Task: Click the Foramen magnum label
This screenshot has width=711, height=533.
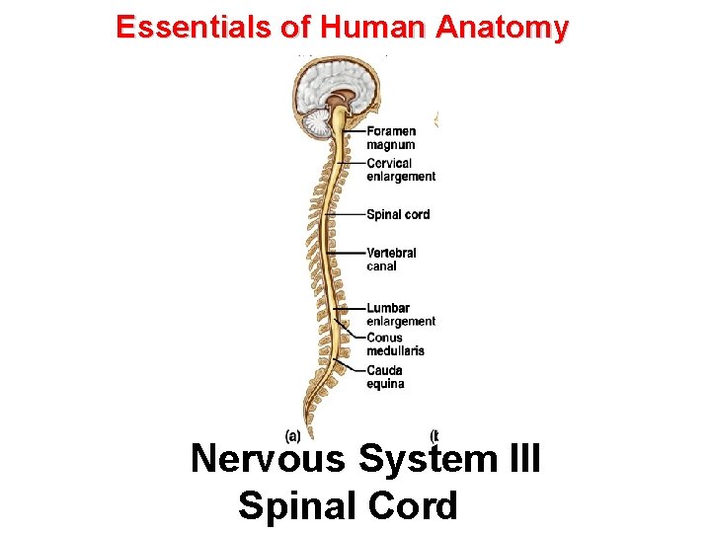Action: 391,138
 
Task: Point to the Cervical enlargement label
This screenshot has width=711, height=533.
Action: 400,170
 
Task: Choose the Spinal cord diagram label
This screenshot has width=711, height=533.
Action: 398,214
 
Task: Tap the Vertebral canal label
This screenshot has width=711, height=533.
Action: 391,259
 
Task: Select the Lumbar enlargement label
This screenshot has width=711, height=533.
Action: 400,314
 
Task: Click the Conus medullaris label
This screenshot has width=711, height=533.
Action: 395,343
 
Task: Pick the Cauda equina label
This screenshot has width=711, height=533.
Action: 385,377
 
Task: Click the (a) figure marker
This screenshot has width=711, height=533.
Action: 293,434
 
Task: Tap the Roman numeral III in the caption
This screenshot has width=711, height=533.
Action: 520,459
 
